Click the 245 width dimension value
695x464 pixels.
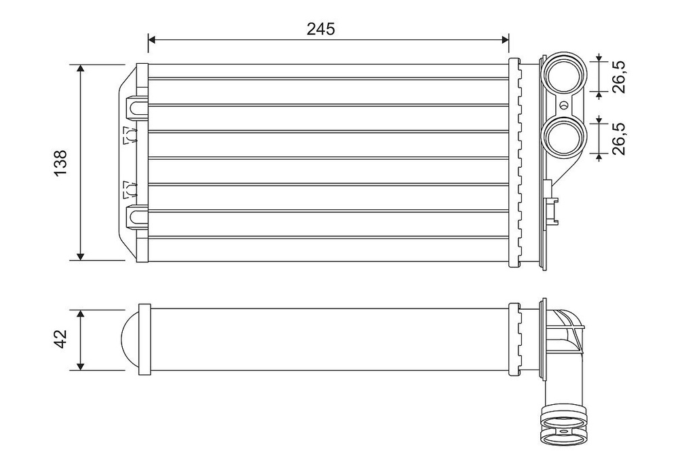click(321, 29)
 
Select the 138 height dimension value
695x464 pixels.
click(61, 163)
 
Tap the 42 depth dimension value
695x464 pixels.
click(61, 340)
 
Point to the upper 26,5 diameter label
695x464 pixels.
click(618, 75)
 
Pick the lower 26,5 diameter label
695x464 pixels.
click(618, 139)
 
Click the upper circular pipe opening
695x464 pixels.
click(565, 75)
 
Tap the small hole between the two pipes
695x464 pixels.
click(563, 106)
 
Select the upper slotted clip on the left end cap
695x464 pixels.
click(136, 107)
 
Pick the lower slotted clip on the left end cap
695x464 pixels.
click(136, 218)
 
